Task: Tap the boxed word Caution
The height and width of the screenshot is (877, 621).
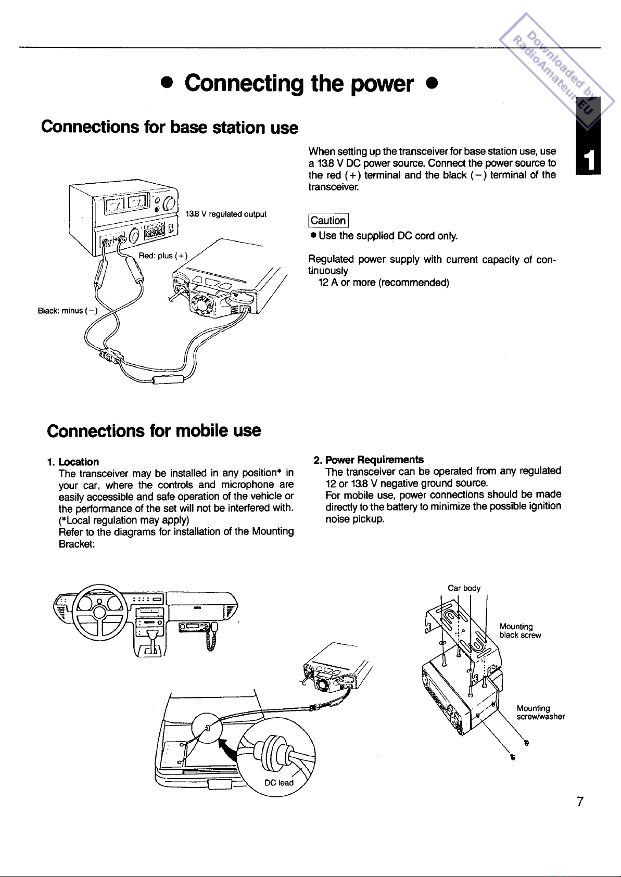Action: pos(328,221)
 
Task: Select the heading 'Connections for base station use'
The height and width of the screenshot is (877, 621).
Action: pos(170,127)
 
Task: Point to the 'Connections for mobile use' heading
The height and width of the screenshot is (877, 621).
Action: pos(154,430)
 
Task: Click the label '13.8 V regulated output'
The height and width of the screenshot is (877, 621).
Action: pos(226,214)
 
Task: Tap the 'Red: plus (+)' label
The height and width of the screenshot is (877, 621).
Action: pos(162,256)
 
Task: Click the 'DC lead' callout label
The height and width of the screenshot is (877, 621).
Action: pos(279,783)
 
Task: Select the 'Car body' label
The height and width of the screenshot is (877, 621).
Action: pos(464,588)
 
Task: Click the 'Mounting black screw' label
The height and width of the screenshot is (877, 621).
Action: pos(520,631)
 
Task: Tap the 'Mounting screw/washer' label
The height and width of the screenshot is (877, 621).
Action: pos(540,713)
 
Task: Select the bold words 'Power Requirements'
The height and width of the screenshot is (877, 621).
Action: pos(374,460)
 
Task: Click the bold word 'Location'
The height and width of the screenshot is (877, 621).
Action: pos(79,462)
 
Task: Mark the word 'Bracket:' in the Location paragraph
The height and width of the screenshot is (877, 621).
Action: pos(76,543)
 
